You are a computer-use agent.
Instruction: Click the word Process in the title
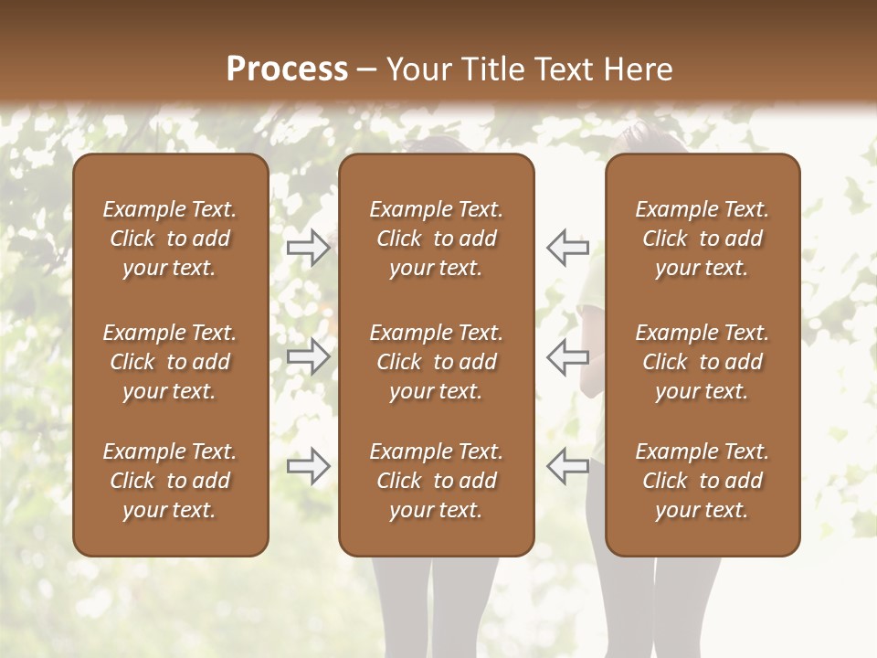(287, 69)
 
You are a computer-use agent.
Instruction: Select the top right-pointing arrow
(308, 247)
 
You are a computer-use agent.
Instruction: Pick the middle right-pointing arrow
(308, 356)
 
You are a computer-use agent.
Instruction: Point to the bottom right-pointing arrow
(308, 467)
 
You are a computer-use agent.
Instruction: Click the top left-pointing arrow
(568, 247)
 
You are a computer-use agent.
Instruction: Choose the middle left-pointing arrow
(568, 356)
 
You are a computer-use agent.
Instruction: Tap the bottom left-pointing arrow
(568, 467)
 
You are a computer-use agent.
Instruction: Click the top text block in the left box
(170, 239)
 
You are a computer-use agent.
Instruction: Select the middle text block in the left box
(170, 362)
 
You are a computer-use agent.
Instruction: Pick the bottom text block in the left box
(170, 481)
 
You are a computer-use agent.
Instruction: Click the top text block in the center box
(436, 239)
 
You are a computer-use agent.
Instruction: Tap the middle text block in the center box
(436, 362)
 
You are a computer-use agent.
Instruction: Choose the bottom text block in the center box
(436, 481)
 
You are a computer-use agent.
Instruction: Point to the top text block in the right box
(703, 239)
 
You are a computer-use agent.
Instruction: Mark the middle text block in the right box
(703, 362)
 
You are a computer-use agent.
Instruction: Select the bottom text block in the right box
(703, 481)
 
